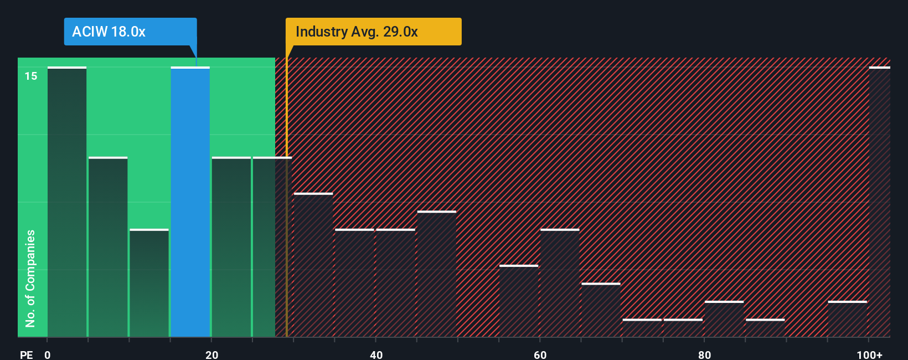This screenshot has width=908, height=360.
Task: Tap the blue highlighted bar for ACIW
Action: click(190, 202)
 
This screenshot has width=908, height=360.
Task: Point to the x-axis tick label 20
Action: click(211, 354)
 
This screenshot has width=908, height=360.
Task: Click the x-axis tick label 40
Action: click(376, 354)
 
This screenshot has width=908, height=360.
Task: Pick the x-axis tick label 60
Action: click(540, 354)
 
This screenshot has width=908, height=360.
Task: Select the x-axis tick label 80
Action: click(704, 354)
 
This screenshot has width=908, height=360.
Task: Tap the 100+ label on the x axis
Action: click(869, 354)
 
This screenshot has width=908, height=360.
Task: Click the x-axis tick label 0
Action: click(48, 354)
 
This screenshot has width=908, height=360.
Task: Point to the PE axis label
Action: click(26, 354)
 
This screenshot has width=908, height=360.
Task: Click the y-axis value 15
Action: click(31, 76)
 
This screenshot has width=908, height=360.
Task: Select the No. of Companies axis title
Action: click(30, 278)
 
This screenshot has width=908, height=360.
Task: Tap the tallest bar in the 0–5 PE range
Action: click(67, 202)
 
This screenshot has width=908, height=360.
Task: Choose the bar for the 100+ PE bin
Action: click(879, 202)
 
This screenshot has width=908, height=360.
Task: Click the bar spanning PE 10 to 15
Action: click(149, 283)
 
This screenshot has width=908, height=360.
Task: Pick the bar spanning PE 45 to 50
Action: click(437, 274)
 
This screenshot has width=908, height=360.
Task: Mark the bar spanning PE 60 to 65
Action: click(560, 283)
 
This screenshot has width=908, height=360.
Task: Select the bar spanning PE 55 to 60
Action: click(519, 301)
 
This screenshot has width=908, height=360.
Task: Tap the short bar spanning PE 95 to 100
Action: click(848, 319)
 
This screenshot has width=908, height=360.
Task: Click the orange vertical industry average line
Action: click(286, 222)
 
